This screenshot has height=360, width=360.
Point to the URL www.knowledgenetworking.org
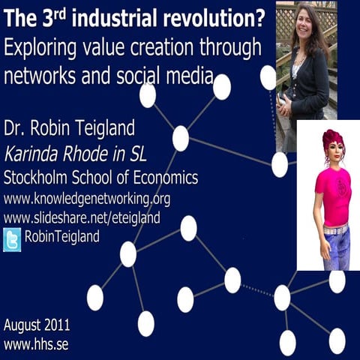(x=87, y=199)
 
